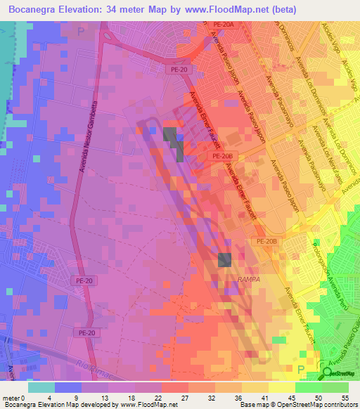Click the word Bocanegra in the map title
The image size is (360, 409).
click(x=35, y=9)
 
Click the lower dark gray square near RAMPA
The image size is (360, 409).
click(x=224, y=260)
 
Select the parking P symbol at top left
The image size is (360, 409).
click(x=81, y=31)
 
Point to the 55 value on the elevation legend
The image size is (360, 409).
click(x=345, y=397)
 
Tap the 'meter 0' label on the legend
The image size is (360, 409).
click(x=14, y=397)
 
